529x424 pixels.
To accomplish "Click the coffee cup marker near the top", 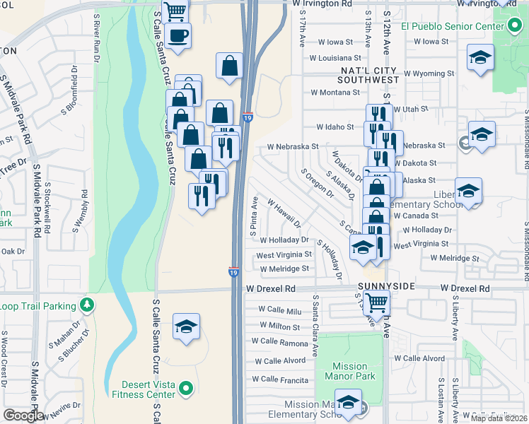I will click(178, 35).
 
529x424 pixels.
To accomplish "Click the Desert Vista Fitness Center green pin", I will click(186, 388).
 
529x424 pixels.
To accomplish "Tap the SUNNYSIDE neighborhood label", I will click(385, 285).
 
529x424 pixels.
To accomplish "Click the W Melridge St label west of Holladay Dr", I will click(284, 269).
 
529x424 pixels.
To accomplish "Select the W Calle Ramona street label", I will click(281, 342).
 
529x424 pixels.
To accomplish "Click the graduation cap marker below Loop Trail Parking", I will click(186, 326).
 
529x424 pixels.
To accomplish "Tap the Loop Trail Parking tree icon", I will click(87, 305).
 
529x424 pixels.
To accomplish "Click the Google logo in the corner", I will click(23, 415).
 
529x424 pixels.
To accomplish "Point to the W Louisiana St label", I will click(335, 58).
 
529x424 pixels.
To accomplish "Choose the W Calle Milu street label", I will click(280, 310).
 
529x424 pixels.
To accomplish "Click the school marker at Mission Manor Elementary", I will click(347, 403).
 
